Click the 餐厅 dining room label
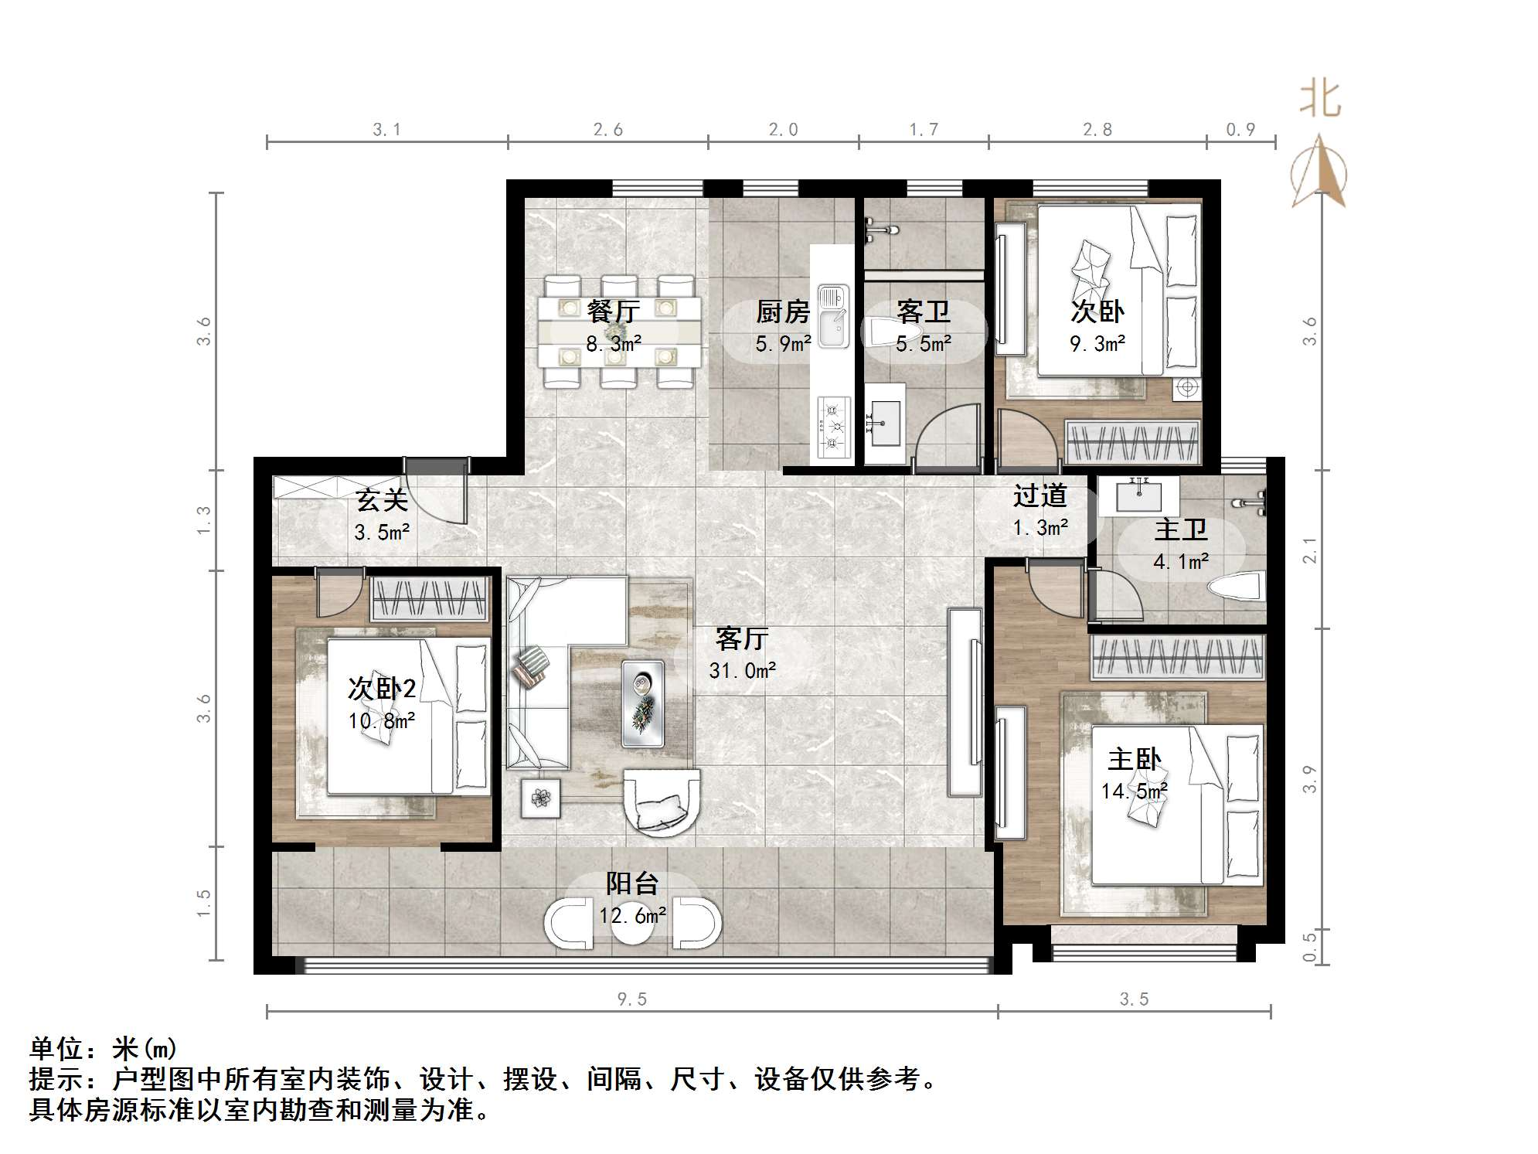(613, 311)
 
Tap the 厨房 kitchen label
(782, 312)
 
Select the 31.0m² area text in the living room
(742, 670)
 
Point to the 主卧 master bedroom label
(1134, 759)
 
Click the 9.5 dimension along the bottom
(631, 999)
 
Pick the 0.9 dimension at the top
(1240, 129)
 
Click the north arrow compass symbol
(1319, 172)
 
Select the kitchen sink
(833, 315)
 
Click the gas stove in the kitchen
(833, 424)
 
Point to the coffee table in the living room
(642, 703)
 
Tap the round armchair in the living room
(662, 802)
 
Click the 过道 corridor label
(1040, 495)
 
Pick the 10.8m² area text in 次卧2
(382, 721)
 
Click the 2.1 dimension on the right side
(1309, 550)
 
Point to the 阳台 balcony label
(632, 883)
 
